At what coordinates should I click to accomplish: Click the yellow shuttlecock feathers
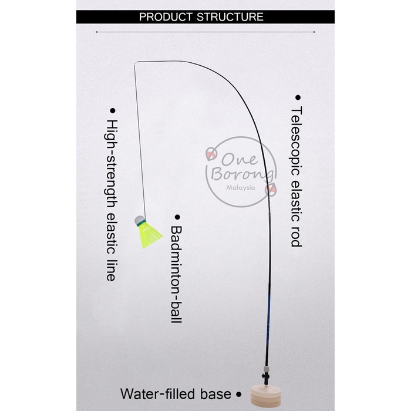pyautogui.click(x=150, y=235)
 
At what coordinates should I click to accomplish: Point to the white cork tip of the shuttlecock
pyautogui.click(x=140, y=220)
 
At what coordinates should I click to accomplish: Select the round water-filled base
pyautogui.click(x=267, y=394)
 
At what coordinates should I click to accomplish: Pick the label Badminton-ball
pyautogui.click(x=176, y=274)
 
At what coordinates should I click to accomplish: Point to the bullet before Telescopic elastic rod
pyautogui.click(x=297, y=97)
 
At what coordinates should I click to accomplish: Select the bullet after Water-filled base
pyautogui.click(x=238, y=395)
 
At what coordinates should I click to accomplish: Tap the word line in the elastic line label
pyautogui.click(x=111, y=269)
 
